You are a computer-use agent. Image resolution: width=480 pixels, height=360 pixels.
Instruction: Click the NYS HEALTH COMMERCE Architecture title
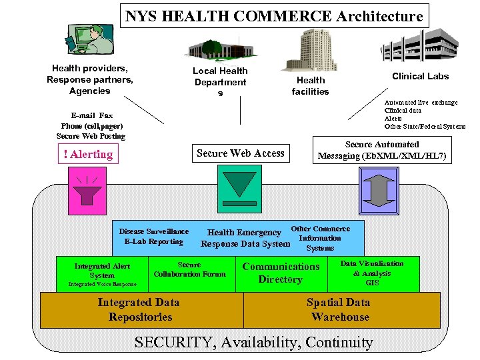pyautogui.click(x=274, y=16)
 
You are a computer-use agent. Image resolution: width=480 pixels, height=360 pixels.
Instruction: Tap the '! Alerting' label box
pyautogui.click(x=88, y=155)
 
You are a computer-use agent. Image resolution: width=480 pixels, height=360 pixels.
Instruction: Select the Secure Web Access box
pyautogui.click(x=241, y=153)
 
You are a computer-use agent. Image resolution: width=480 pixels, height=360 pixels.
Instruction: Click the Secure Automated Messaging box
pyautogui.click(x=382, y=151)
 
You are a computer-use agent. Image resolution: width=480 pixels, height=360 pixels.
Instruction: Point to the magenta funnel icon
pyautogui.click(x=88, y=190)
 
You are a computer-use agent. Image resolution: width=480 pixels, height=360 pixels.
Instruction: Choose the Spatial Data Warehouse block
pyautogui.click(x=339, y=310)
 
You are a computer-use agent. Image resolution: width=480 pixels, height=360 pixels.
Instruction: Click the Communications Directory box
pyautogui.click(x=280, y=273)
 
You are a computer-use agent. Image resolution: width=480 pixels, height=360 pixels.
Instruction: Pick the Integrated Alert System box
pyautogui.click(x=101, y=274)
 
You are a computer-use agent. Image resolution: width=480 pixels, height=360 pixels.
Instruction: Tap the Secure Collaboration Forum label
pyautogui.click(x=189, y=269)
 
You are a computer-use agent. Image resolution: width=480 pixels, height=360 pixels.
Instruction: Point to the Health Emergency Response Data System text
pyautogui.click(x=245, y=238)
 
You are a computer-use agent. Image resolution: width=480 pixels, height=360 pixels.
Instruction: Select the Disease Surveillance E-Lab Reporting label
pyautogui.click(x=154, y=237)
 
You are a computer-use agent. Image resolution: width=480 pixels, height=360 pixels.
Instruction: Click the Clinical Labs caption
pyautogui.click(x=420, y=77)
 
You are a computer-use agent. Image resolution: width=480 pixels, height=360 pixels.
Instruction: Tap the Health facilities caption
pyautogui.click(x=310, y=85)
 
